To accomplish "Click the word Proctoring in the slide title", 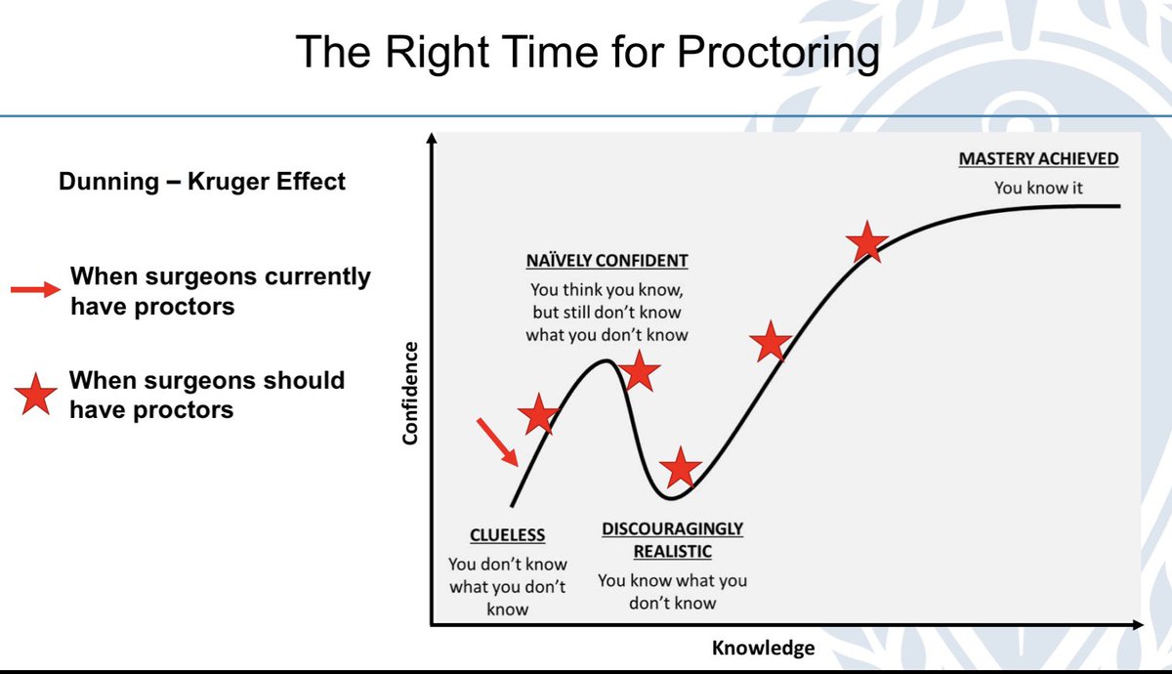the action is click(x=778, y=53).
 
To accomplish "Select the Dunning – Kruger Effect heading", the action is click(x=202, y=182).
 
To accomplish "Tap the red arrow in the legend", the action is click(x=35, y=289).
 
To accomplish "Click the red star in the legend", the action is click(x=35, y=395).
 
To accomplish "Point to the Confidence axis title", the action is click(x=410, y=394).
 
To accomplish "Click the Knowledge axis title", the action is click(x=764, y=648).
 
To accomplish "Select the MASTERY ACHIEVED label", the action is click(x=1038, y=158).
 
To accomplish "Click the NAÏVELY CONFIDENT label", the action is click(x=607, y=261).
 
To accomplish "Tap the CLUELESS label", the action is click(x=508, y=535).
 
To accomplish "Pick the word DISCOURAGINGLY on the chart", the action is click(x=672, y=528).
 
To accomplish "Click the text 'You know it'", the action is click(x=1038, y=188).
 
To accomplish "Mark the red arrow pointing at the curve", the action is click(x=497, y=442).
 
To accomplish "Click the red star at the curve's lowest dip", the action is click(x=680, y=468).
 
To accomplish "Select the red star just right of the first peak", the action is click(x=640, y=371).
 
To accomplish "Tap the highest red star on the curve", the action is click(x=867, y=242).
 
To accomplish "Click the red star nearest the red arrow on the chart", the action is click(x=538, y=414).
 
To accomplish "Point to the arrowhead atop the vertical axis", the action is click(x=432, y=138).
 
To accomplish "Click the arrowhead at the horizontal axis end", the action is click(x=1138, y=625).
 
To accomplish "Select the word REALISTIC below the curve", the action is click(x=673, y=552).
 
